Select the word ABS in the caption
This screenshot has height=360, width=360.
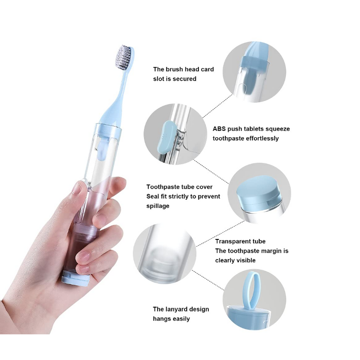[219, 129]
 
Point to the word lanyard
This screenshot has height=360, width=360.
[179, 309]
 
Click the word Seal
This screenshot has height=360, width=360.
[153, 196]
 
